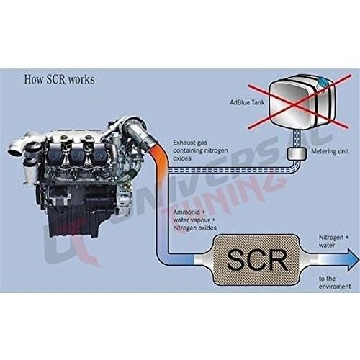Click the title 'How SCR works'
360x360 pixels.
click(59, 79)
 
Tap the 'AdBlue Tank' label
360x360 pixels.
click(247, 102)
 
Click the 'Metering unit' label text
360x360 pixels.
click(330, 151)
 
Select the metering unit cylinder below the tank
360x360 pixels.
click(297, 153)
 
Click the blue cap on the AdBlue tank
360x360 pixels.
click(323, 82)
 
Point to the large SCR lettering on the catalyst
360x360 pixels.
click(257, 260)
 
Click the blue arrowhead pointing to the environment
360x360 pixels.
click(353, 259)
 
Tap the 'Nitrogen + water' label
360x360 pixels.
click(333, 241)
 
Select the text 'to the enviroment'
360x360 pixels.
click(335, 282)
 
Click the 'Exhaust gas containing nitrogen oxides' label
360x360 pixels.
click(200, 150)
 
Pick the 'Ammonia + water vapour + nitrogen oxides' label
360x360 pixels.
click(194, 220)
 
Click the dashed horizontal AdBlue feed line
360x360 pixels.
click(230, 171)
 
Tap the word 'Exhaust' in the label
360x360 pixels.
click(184, 143)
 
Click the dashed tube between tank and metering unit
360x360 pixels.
click(297, 139)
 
